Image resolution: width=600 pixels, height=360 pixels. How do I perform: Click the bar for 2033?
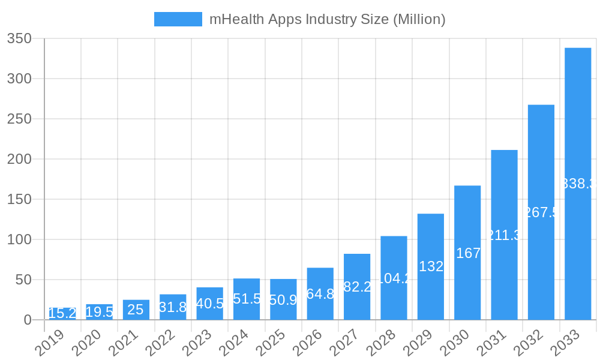point(578,184)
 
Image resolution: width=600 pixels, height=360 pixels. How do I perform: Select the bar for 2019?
point(62,314)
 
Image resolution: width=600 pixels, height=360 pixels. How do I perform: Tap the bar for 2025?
point(283,299)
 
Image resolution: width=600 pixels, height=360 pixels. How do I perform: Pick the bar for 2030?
point(467,253)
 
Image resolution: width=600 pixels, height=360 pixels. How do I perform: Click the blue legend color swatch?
point(178,19)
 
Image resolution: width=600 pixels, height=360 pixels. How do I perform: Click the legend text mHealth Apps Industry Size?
point(327,19)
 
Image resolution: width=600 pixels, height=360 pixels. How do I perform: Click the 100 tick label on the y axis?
point(19,239)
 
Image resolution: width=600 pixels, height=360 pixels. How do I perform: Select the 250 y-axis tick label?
point(19,119)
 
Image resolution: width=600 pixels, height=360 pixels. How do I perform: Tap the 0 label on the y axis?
point(28,320)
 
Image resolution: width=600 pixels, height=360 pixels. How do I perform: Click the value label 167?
point(468,253)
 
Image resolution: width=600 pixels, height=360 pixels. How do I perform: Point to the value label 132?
point(431,266)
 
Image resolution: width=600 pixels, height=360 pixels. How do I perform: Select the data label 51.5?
point(247,299)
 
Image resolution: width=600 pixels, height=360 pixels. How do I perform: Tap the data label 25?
point(136,310)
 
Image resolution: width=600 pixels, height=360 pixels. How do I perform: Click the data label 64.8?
point(320,294)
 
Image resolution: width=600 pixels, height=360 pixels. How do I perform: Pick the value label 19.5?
point(99,312)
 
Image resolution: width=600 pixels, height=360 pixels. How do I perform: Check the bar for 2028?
point(394,278)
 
